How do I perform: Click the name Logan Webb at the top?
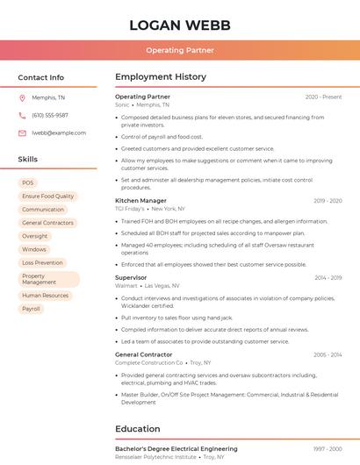tap(180, 25)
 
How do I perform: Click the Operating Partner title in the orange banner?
tap(180, 50)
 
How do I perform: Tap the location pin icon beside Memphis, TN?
tap(22, 97)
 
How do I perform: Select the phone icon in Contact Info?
tap(22, 115)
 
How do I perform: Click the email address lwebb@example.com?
tap(59, 132)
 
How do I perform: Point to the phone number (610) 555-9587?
tap(50, 115)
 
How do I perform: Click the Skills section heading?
tap(28, 160)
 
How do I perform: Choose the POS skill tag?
tap(28, 182)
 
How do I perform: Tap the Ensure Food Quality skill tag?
tap(48, 196)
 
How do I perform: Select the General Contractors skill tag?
tap(48, 223)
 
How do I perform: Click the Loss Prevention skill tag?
tap(42, 262)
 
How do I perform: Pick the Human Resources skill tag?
tap(45, 296)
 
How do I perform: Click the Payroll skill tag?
tap(32, 309)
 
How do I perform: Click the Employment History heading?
tap(161, 77)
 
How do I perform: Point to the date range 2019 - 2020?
tap(328, 201)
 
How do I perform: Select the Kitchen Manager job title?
tap(140, 201)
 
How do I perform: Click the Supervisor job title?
tap(131, 277)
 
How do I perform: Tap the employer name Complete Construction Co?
tap(149, 362)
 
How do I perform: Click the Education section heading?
tap(138, 429)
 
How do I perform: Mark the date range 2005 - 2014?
tap(328, 354)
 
